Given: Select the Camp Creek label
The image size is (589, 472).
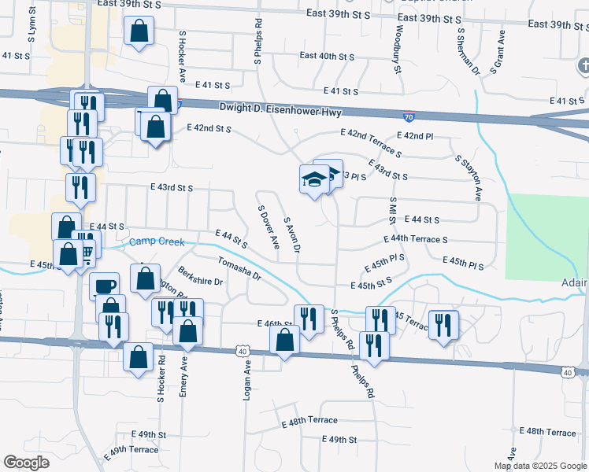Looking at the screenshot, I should [157, 242].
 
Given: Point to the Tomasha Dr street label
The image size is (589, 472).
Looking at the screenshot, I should [239, 269].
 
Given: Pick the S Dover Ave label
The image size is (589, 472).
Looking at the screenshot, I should [268, 226].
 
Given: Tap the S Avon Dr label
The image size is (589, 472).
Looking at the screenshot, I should [291, 234].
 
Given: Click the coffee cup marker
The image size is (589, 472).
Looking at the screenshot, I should [104, 285].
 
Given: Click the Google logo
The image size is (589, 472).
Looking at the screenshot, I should [26, 463].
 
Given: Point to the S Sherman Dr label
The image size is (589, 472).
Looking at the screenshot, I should [469, 49].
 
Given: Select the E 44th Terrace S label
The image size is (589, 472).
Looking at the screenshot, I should [415, 238].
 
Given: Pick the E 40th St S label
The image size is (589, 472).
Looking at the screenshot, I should [328, 57].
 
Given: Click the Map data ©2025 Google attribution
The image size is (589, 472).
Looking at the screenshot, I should [540, 466].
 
